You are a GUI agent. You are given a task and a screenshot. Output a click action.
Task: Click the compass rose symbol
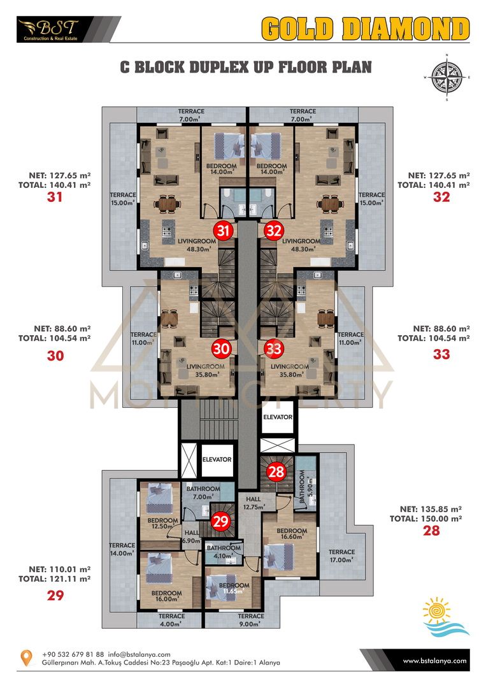pos(447,78)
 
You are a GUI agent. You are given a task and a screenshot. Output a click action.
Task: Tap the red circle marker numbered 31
pos(224,231)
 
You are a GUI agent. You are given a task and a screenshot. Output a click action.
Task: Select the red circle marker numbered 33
pos(274,349)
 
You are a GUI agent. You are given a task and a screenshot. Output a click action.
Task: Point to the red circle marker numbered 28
pos(276,472)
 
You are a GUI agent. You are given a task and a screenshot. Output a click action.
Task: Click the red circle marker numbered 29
pos(220,521)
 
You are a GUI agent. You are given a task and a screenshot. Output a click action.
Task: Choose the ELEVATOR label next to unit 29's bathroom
pos(217,459)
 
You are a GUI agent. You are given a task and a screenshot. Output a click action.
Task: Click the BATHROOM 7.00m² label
pos(203,492)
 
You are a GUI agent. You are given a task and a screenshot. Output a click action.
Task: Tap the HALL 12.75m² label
pos(254,503)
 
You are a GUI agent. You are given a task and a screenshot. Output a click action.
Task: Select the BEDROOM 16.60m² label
pos(292,534)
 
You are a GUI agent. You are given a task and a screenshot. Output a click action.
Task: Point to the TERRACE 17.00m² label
pos(341,556)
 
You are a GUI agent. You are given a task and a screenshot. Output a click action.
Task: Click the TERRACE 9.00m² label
pos(251,620)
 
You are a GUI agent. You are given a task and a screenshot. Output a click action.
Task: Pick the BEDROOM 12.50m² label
pos(162,524)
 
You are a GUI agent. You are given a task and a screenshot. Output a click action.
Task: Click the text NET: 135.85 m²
pos(431,510)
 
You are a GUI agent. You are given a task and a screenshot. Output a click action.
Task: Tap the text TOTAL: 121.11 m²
pos(54,578)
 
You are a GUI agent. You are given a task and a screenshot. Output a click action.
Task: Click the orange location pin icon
pos(27,657)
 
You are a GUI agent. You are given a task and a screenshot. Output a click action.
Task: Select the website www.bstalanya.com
pos(434,661)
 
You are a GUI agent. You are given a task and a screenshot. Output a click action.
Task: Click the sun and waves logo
pos(445,617)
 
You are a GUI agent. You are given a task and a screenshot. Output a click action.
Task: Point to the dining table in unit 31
pos(167,204)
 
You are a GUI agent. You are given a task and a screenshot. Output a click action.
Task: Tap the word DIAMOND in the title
pos(406,29)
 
